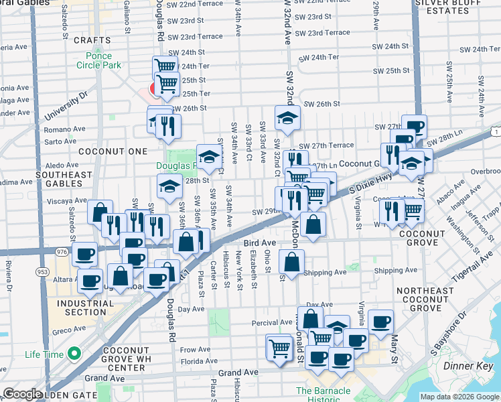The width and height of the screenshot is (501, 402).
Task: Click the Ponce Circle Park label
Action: tap(98, 60)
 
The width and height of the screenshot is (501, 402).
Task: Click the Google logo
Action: tap(22, 394)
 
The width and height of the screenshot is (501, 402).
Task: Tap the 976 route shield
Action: tap(62, 251)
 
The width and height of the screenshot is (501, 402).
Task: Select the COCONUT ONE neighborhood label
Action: tap(103, 152)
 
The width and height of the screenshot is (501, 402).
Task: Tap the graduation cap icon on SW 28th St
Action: tap(169, 186)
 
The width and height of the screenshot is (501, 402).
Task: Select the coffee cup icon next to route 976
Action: tap(85, 254)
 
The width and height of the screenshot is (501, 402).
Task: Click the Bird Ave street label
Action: tap(260, 243)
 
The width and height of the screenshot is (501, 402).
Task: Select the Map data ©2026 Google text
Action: tap(459, 397)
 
